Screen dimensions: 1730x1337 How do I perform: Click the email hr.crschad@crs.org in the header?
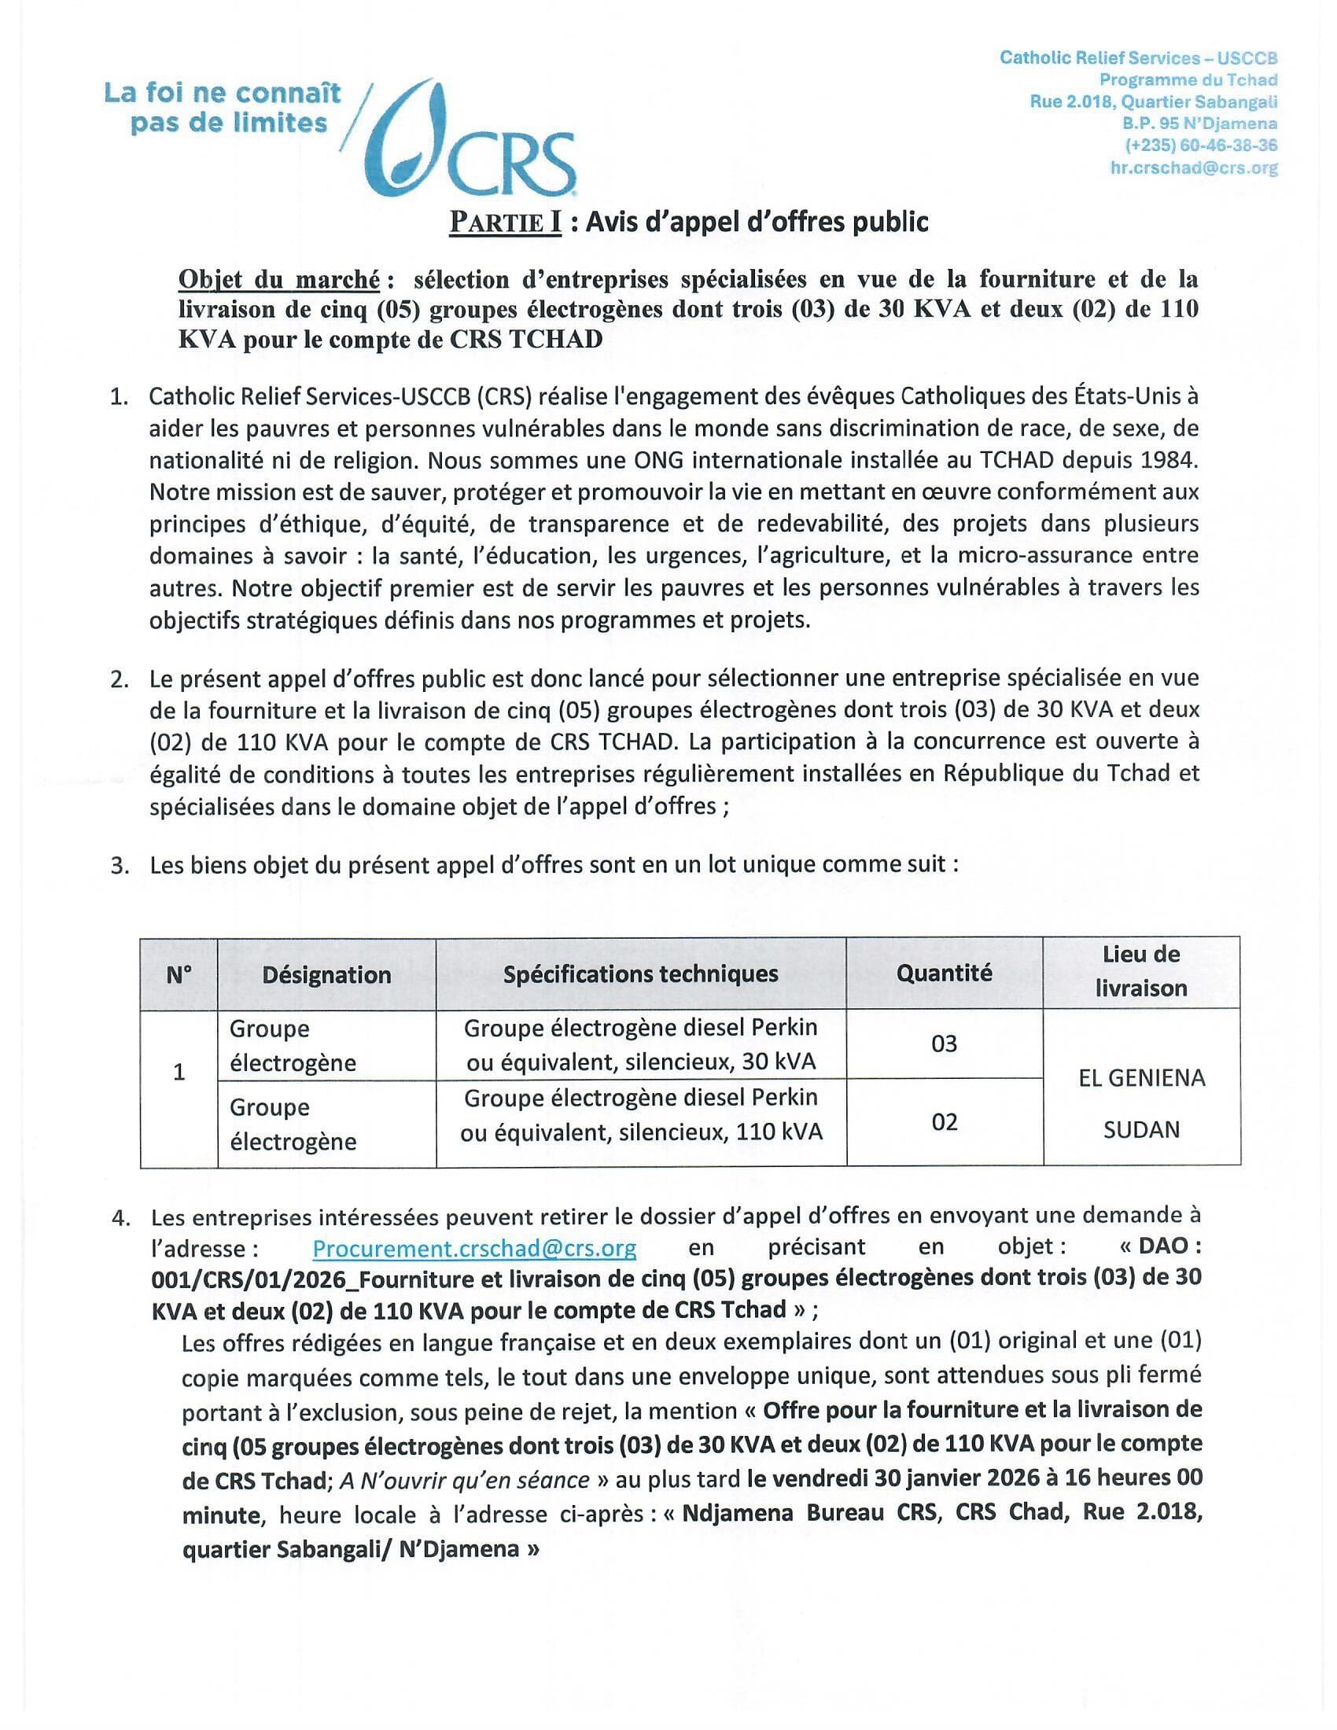pyautogui.click(x=1194, y=168)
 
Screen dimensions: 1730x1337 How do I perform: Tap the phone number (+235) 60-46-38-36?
pyautogui.click(x=1201, y=145)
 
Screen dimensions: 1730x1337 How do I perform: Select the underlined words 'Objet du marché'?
pyautogui.click(x=279, y=280)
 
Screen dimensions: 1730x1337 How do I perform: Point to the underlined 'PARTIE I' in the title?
pyautogui.click(x=506, y=223)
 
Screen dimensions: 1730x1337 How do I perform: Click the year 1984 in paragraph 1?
pyautogui.click(x=1173, y=460)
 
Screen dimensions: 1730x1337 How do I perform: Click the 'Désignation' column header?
pyautogui.click(x=326, y=974)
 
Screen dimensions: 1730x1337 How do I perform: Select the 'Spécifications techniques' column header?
pyautogui.click(x=640, y=974)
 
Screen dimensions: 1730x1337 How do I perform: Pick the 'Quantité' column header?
pyautogui.click(x=943, y=973)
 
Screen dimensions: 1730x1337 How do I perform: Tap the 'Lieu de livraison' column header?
pyautogui.click(x=1140, y=971)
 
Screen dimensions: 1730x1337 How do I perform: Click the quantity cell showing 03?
pyautogui.click(x=943, y=1044)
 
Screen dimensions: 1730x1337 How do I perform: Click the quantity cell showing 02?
pyautogui.click(x=943, y=1121)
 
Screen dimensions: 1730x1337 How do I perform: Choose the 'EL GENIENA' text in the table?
pyautogui.click(x=1141, y=1077)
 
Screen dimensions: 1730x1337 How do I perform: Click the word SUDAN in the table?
pyautogui.click(x=1141, y=1129)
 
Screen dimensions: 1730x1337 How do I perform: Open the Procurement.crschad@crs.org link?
pyautogui.click(x=473, y=1249)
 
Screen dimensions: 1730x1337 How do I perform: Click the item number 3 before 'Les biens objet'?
pyautogui.click(x=120, y=865)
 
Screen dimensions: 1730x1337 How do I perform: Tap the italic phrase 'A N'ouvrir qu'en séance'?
pyautogui.click(x=464, y=1480)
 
